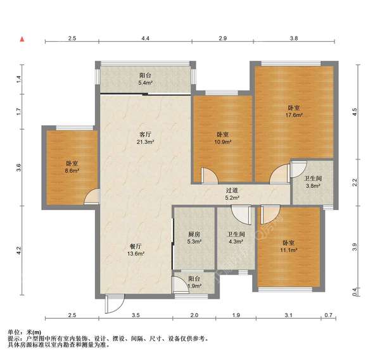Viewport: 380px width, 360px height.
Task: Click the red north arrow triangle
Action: click(x=22, y=39)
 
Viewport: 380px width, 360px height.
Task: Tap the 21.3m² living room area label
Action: click(x=145, y=142)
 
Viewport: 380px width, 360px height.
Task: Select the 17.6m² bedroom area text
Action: click(x=294, y=115)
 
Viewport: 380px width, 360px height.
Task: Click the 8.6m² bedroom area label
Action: click(x=72, y=171)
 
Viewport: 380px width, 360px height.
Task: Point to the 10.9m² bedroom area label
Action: click(x=223, y=142)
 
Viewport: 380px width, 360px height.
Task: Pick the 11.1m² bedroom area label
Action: click(x=289, y=250)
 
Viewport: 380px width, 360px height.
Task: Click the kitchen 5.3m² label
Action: click(x=194, y=242)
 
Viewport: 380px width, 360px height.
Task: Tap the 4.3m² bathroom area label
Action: click(x=236, y=242)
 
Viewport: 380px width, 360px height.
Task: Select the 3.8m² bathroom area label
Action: click(x=313, y=186)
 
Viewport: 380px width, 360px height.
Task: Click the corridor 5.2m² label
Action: click(x=232, y=198)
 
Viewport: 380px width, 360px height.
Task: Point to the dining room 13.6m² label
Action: click(x=136, y=254)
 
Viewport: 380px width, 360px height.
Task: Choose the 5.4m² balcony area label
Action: click(x=145, y=83)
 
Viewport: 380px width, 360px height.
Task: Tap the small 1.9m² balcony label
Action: click(x=195, y=286)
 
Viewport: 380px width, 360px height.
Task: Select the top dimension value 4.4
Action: click(x=145, y=38)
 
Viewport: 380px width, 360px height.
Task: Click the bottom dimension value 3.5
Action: click(x=136, y=315)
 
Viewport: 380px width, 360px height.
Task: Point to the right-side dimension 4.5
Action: click(x=354, y=112)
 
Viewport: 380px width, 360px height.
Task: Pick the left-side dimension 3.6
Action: click(x=18, y=167)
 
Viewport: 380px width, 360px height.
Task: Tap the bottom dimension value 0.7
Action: click(x=328, y=315)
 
